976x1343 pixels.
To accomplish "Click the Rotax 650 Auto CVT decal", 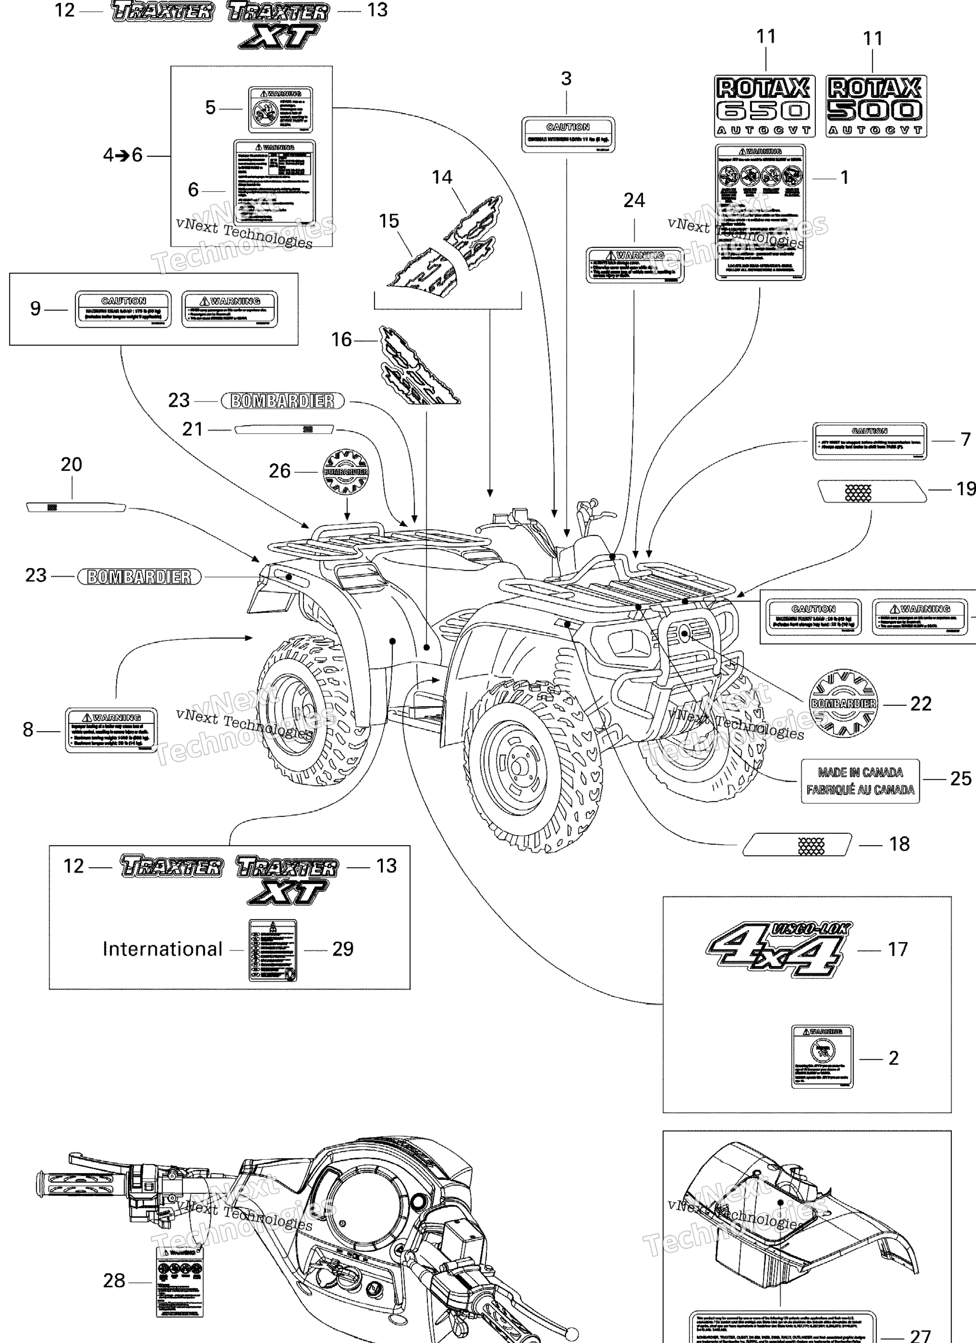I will tap(763, 106).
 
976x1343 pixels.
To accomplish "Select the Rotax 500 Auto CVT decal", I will tap(875, 106).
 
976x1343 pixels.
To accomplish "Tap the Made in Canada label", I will tap(860, 781).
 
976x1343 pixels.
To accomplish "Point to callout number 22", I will tap(920, 703).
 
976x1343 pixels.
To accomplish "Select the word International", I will tap(162, 949).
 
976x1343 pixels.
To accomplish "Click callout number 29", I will tap(343, 949).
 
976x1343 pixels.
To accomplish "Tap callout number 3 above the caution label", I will tap(566, 79).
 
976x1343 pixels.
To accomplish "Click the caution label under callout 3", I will tap(568, 134).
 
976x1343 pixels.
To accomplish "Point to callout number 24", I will tap(634, 201).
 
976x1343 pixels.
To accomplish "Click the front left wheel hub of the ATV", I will tap(519, 767).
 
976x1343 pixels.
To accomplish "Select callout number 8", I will tap(28, 730).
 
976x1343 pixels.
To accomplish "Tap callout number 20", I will tap(71, 464).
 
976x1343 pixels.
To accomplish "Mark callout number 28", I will tap(114, 1281).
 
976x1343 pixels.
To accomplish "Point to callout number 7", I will tap(966, 439).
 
